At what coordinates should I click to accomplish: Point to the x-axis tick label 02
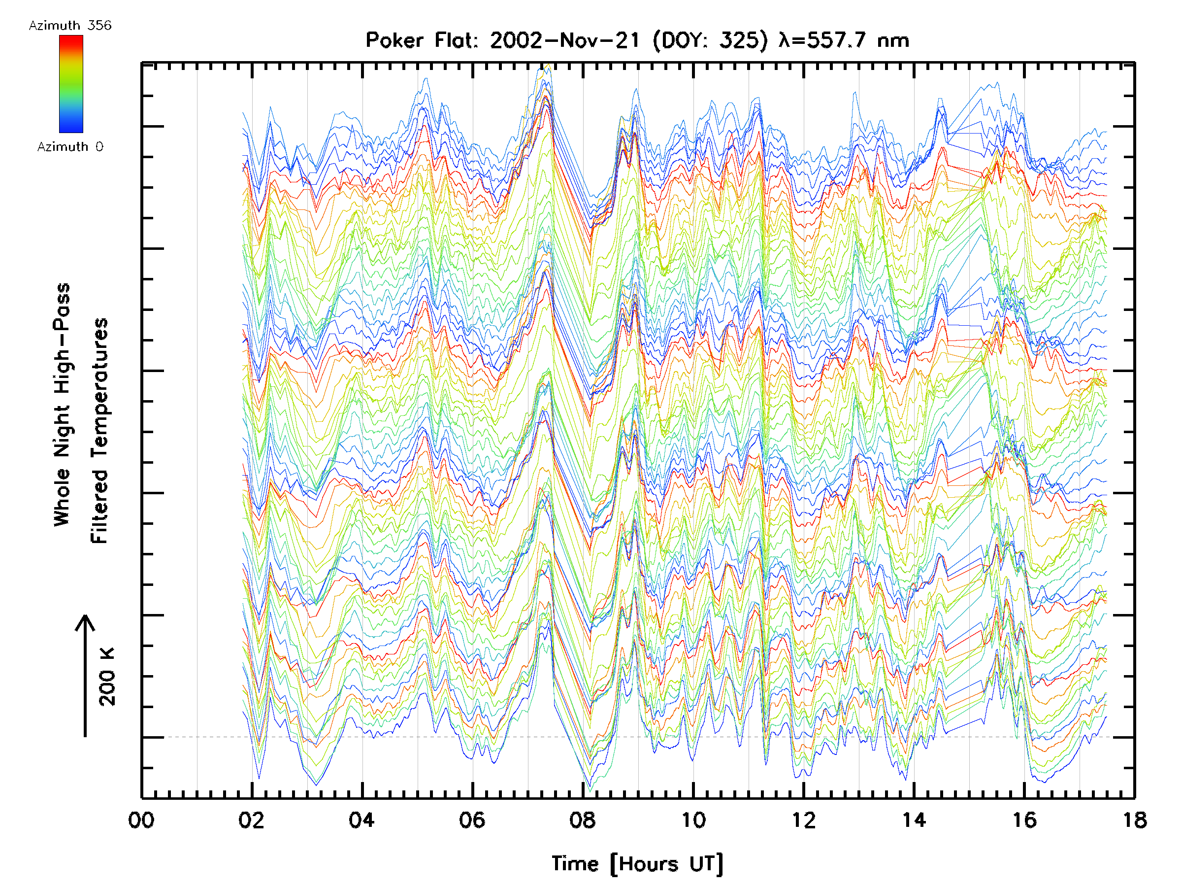pyautogui.click(x=251, y=819)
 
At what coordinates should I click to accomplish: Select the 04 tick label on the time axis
pyautogui.click(x=362, y=819)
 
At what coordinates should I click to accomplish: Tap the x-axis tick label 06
pyautogui.click(x=472, y=819)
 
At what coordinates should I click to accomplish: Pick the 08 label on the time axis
pyautogui.click(x=583, y=819)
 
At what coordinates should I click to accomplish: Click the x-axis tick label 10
pyautogui.click(x=693, y=819)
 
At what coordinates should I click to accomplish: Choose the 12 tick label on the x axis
pyautogui.click(x=803, y=819)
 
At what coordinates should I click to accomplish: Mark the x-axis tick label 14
pyautogui.click(x=914, y=819)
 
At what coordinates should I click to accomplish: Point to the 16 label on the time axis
pyautogui.click(x=1024, y=819)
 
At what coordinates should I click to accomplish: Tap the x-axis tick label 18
pyautogui.click(x=1134, y=819)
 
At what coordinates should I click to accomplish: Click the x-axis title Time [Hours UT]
pyautogui.click(x=637, y=864)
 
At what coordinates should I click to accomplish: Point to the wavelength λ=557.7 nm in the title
pyautogui.click(x=844, y=40)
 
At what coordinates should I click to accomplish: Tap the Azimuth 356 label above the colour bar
pyautogui.click(x=70, y=25)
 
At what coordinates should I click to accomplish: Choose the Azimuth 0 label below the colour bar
pyautogui.click(x=70, y=146)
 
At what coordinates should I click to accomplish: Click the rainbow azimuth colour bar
pyautogui.click(x=71, y=84)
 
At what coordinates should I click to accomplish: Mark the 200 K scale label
pyautogui.click(x=107, y=677)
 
